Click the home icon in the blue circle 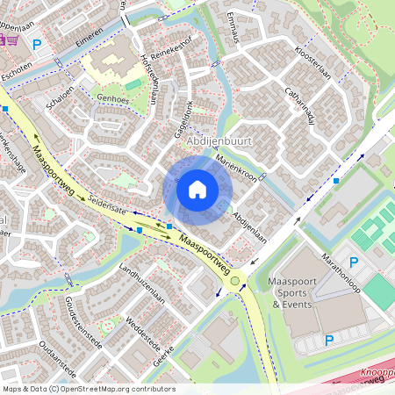point(197,190)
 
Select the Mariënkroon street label point(239,168)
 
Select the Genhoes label point(112,98)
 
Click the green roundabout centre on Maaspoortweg point(235,281)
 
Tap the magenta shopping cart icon point(10,40)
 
